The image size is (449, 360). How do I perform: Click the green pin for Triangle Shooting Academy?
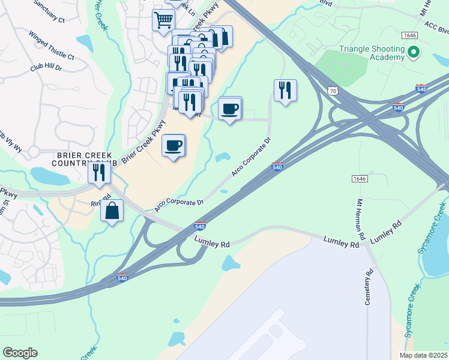412,53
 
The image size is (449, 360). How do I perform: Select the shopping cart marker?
163,21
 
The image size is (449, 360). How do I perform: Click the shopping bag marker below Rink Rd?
112,211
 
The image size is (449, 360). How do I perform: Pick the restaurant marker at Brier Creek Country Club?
99,173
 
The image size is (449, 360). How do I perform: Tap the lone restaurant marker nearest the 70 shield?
285,91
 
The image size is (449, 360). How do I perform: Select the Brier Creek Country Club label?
82,158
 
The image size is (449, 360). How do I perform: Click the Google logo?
20,353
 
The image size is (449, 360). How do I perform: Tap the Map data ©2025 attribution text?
423,355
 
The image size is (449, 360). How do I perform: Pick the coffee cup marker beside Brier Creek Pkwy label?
173,146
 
